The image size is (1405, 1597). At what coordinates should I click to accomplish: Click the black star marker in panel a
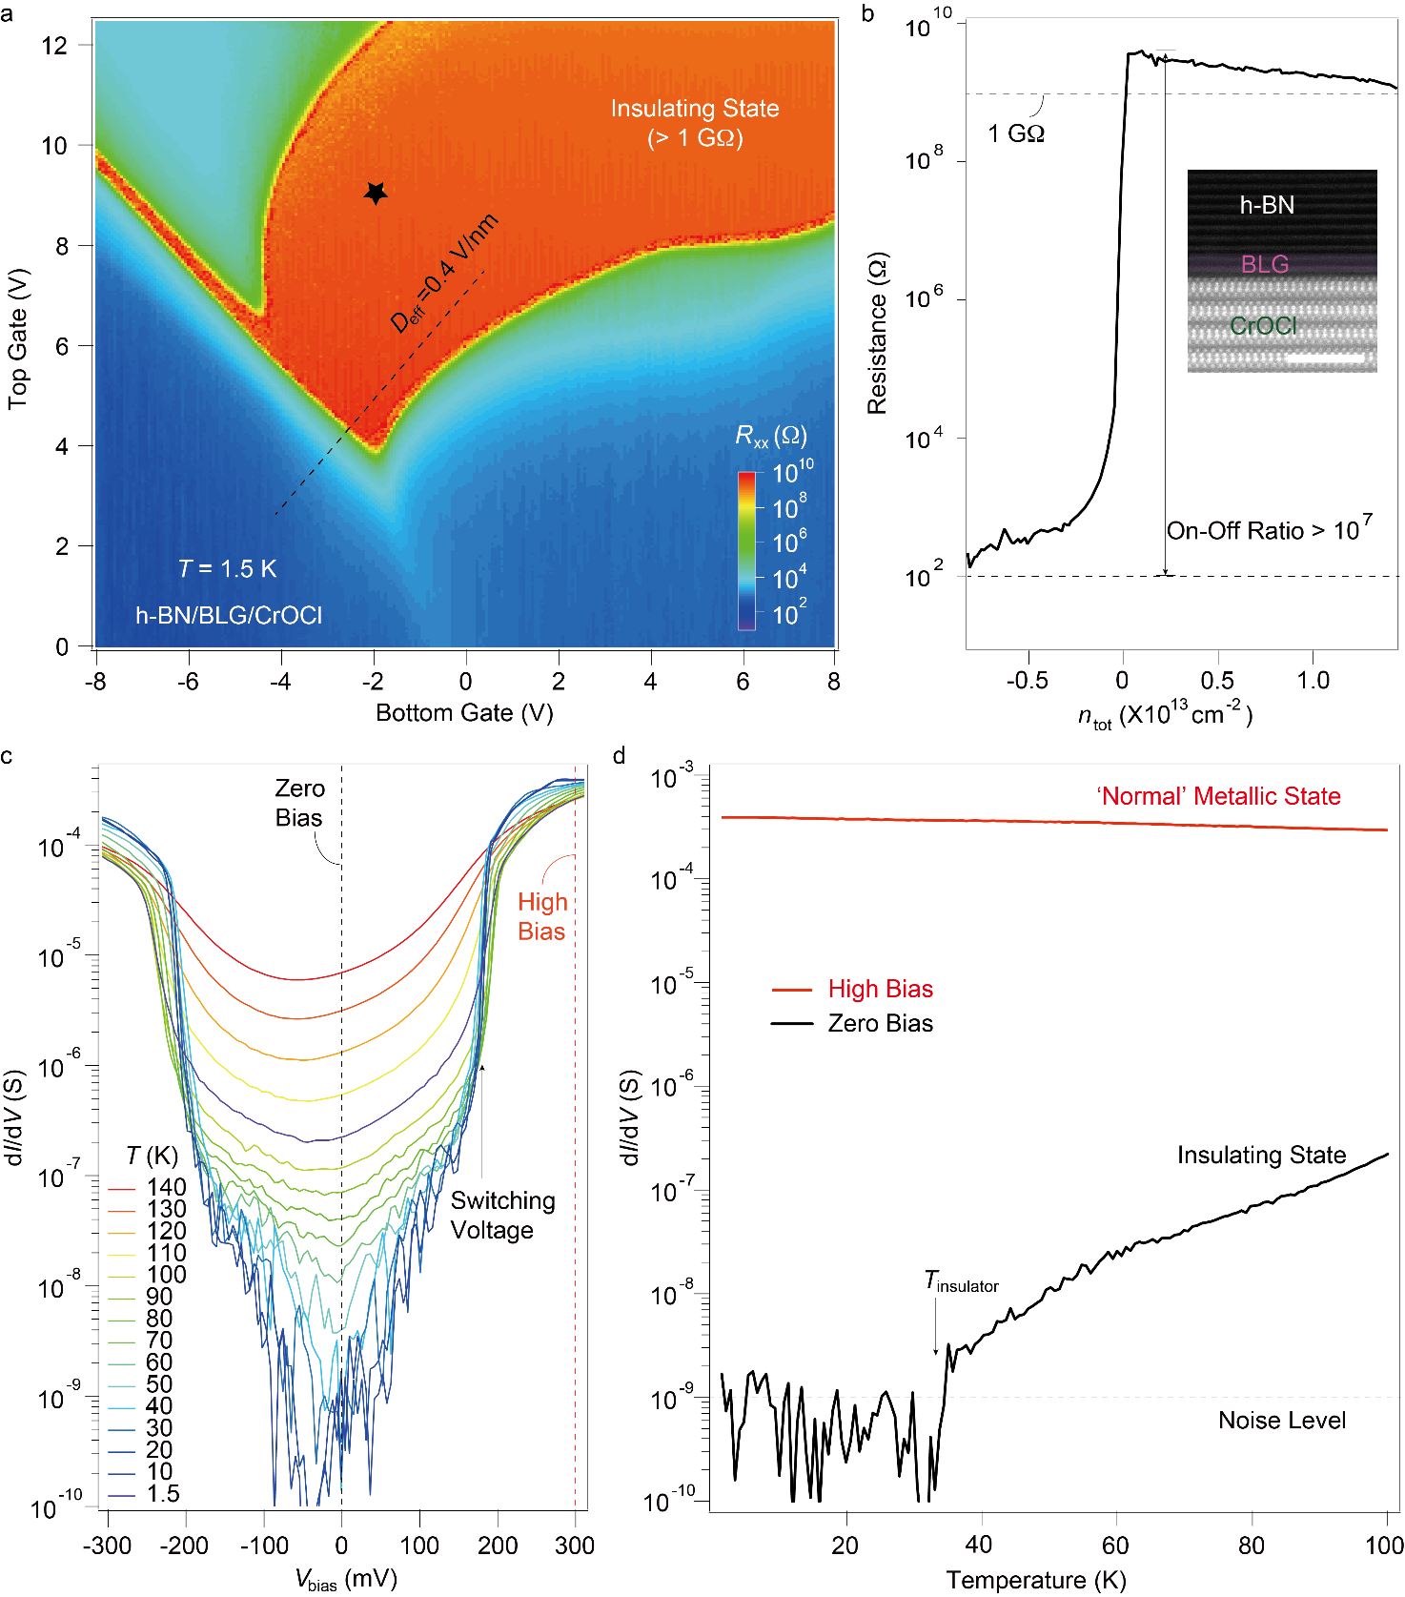coord(376,193)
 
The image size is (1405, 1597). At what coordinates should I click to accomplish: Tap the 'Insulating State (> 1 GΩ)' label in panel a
coord(695,123)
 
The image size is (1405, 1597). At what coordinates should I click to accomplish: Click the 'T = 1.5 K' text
coord(227,569)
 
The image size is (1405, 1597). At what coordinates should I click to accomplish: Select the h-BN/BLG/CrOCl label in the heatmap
coord(229,616)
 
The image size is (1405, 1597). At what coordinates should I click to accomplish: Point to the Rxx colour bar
coord(746,551)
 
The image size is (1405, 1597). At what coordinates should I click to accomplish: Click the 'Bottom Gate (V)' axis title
coord(464,713)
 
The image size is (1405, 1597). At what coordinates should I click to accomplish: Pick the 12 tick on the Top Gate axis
coord(55,45)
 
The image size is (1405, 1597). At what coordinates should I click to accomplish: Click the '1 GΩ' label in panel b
coord(1016,134)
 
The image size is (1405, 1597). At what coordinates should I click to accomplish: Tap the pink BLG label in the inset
coord(1264,264)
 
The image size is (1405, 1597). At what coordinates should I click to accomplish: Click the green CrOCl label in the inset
coord(1263,326)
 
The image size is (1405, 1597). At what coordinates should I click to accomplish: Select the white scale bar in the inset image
coord(1325,358)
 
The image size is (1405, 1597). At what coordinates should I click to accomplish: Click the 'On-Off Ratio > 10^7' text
coord(1269,530)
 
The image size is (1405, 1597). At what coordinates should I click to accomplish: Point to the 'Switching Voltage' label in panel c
coord(502,1216)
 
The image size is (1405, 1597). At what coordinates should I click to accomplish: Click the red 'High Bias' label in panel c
coord(542,916)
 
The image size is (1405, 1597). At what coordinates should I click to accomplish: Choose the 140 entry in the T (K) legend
coord(166,1187)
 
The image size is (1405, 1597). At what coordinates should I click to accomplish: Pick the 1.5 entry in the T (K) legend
coord(162,1494)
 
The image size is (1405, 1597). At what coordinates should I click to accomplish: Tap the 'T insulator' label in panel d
coord(961,1282)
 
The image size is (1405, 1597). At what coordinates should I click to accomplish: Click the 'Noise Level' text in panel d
coord(1282,1421)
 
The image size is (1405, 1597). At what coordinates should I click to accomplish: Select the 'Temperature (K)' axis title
coord(1036,1581)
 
